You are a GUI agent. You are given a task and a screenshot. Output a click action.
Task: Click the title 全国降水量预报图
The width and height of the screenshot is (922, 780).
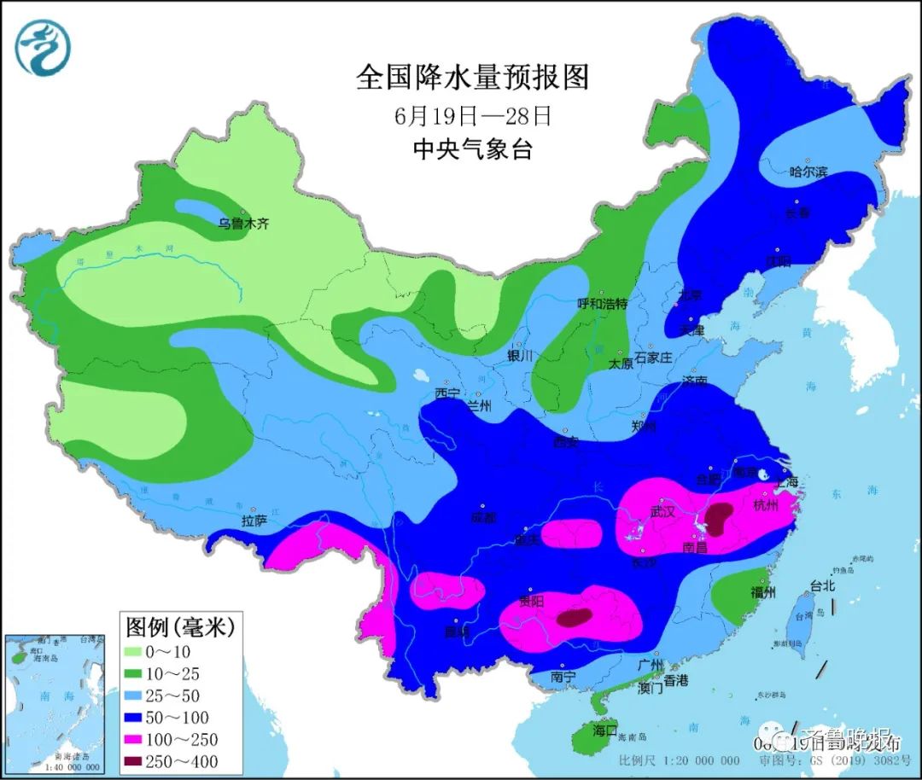472,79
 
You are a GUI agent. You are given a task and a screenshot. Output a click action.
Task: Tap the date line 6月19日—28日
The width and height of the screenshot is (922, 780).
472,115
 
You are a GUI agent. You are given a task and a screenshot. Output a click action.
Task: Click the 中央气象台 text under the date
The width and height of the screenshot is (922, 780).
472,149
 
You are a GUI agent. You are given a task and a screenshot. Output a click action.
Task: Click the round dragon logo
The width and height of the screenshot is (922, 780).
43,48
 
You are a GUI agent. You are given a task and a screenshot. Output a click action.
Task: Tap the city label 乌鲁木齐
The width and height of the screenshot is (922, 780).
242,224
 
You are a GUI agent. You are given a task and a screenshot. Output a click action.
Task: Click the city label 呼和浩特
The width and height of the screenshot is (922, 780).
603,304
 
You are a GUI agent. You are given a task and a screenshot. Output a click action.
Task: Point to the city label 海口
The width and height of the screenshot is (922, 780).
604,731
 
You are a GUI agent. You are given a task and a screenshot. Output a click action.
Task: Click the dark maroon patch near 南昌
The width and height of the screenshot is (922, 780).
718,517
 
